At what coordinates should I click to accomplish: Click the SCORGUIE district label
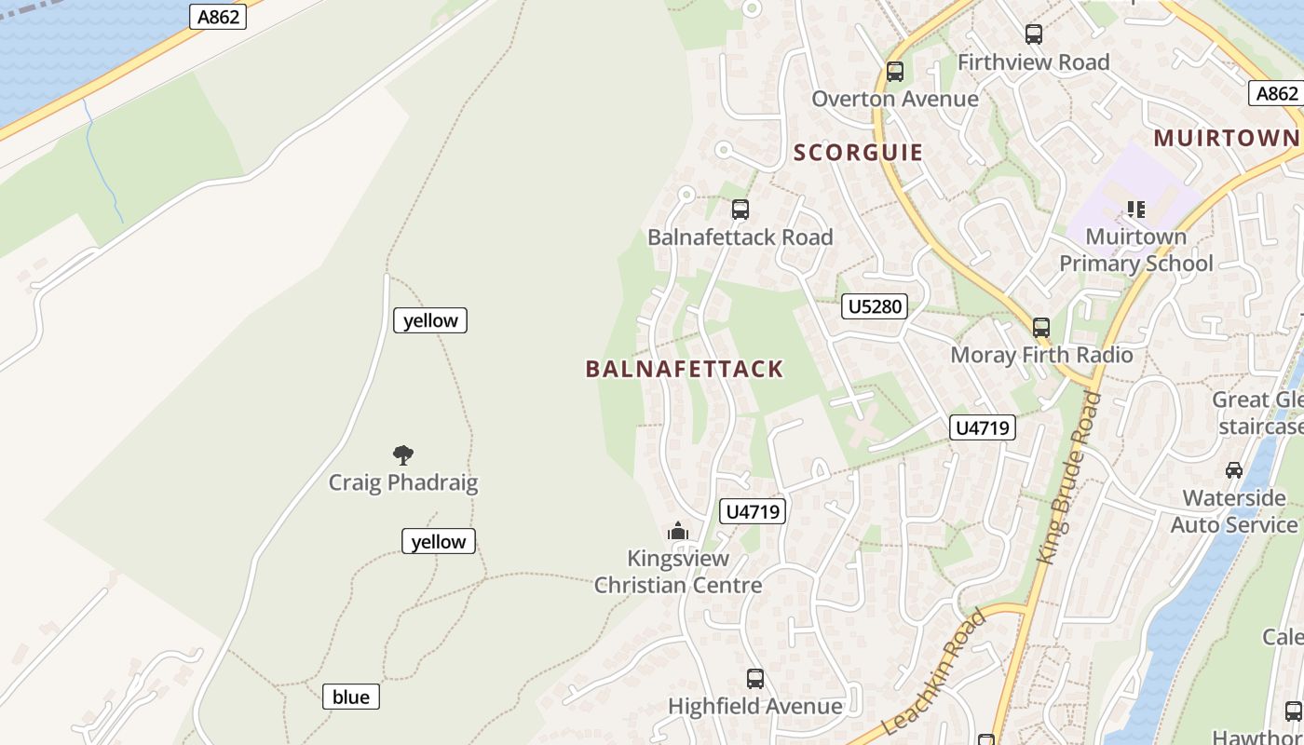coord(858,153)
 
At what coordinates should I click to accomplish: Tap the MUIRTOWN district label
coord(1226,139)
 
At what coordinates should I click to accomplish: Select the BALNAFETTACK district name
coord(685,369)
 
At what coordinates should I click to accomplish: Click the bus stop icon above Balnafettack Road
coord(740,210)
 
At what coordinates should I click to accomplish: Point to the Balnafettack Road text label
coord(740,237)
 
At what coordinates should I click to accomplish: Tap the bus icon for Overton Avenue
coord(895,72)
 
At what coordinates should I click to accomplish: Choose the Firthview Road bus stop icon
coord(1034,34)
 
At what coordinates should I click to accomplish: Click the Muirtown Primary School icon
coord(1135,210)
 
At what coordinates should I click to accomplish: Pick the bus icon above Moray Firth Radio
coord(1041,328)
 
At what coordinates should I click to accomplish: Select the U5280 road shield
coord(874,306)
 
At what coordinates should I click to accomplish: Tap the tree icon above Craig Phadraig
coord(403,455)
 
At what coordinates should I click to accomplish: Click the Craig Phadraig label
coord(403,483)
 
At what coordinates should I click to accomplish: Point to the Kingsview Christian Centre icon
coord(678,532)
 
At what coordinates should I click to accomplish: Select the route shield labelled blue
coord(351,697)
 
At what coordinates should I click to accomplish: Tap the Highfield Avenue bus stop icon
coord(755,679)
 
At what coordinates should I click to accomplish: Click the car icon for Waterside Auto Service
coord(1234,470)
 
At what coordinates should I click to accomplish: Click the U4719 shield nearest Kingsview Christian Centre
coord(753,511)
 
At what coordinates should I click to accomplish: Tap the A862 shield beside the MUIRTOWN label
coord(1276,93)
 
